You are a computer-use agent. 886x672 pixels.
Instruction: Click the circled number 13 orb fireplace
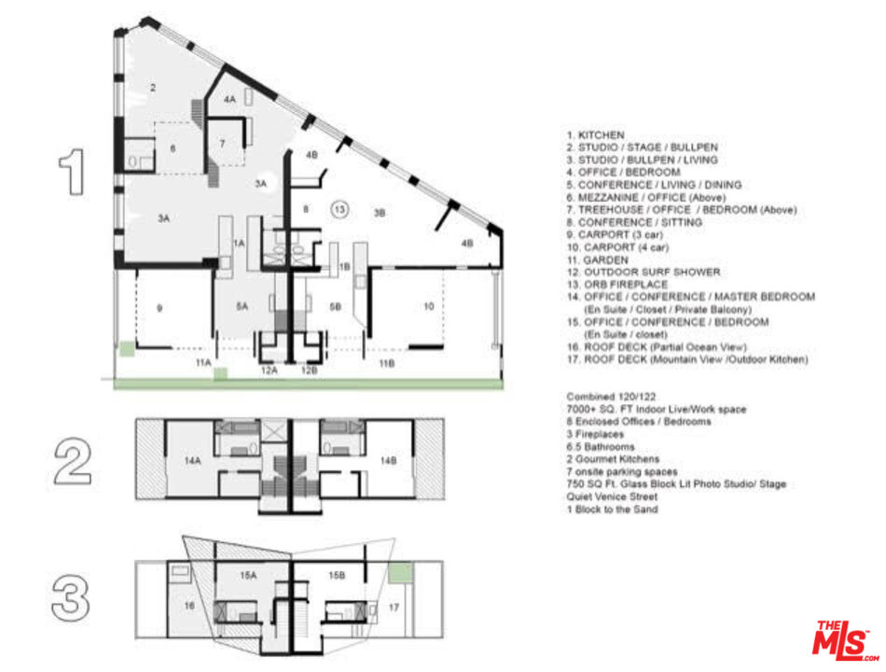340,209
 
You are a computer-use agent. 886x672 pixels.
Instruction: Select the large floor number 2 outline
74,461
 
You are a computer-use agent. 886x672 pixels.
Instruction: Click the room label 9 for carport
159,308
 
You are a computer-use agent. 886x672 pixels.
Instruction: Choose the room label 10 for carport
429,306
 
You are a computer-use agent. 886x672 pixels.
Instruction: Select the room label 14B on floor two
386,460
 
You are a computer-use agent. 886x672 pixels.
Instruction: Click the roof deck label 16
189,606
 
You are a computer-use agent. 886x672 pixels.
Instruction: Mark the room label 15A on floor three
247,577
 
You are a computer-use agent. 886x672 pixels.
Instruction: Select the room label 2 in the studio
152,87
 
